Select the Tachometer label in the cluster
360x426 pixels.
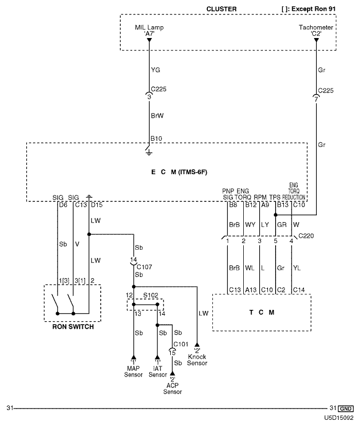[x=315, y=27]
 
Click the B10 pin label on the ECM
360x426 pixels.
[x=156, y=138]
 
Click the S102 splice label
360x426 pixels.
[x=150, y=295]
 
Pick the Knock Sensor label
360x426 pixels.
[x=197, y=360]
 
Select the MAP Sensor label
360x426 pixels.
[x=133, y=371]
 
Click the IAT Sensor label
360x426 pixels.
[x=158, y=371]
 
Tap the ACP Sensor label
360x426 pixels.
[x=173, y=388]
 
